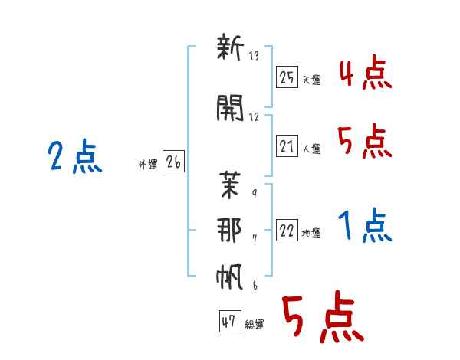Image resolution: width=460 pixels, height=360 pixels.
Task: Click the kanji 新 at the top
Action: (230, 51)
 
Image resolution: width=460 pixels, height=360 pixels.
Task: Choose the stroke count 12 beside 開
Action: (255, 117)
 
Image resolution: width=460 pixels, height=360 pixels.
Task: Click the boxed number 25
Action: (287, 77)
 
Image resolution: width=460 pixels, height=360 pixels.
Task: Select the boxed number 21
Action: (287, 146)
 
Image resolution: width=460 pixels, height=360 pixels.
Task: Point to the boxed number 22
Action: (287, 231)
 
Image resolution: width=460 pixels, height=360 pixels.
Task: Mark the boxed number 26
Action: (173, 162)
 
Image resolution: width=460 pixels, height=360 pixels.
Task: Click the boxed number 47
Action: (228, 322)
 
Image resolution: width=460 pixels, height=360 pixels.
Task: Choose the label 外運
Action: (147, 165)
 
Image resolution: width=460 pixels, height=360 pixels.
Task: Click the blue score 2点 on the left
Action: (74, 159)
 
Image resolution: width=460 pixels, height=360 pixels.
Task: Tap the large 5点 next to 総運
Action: (321, 318)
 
